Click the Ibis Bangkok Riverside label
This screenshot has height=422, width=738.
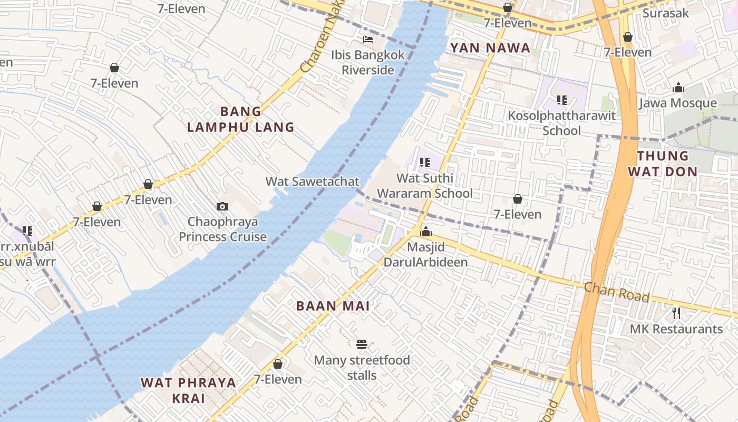[x=368, y=62]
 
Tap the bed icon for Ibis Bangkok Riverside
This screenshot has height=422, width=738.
[x=368, y=40]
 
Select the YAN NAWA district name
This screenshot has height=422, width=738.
[x=490, y=48]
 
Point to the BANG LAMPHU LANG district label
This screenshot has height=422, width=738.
[x=241, y=119]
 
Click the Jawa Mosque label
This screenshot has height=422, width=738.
[x=678, y=103]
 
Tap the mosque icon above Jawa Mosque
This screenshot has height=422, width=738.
[x=678, y=88]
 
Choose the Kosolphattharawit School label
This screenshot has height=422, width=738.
[x=561, y=122]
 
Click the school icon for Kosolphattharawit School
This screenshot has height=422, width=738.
[x=561, y=100]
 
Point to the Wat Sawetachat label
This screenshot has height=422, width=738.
[x=312, y=181]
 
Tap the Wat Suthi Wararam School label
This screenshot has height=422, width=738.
[x=425, y=186]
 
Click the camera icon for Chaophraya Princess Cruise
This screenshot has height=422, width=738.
[x=222, y=206]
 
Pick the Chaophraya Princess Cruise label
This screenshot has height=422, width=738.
[x=222, y=229]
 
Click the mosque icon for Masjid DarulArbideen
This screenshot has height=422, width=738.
[x=425, y=232]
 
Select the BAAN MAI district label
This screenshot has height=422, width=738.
[x=333, y=306]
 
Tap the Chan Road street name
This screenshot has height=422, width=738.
[x=616, y=292]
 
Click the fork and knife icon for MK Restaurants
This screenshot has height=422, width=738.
[x=676, y=313]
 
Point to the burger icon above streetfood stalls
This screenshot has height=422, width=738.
[x=362, y=345]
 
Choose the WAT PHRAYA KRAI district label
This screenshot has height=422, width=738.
[x=188, y=390]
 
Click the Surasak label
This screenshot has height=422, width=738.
[x=665, y=13]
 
